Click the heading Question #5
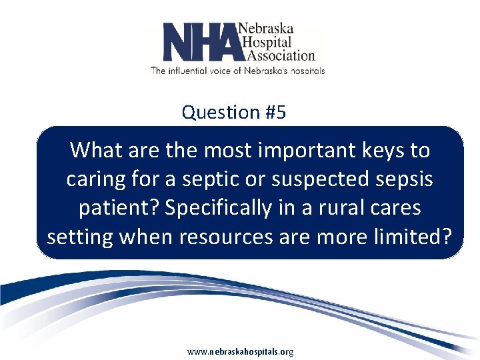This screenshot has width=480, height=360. pos(234,112)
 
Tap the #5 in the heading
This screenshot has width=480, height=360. pos(275,112)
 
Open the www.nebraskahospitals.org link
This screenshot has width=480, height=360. pos(240,351)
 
